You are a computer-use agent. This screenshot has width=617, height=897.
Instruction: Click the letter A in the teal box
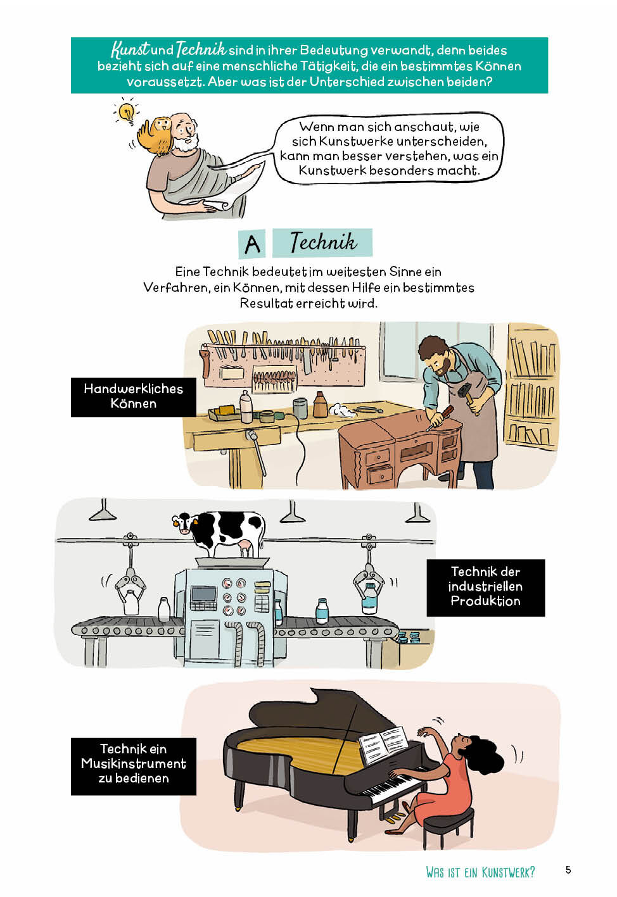(252, 244)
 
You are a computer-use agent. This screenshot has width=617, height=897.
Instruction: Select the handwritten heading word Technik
(323, 241)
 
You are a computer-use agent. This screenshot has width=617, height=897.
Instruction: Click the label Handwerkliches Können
(134, 396)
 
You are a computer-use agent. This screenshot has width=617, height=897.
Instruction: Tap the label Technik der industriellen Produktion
(485, 586)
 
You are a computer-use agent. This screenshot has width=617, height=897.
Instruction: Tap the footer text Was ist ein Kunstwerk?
(480, 872)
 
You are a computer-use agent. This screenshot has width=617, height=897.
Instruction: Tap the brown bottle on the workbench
(320, 405)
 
